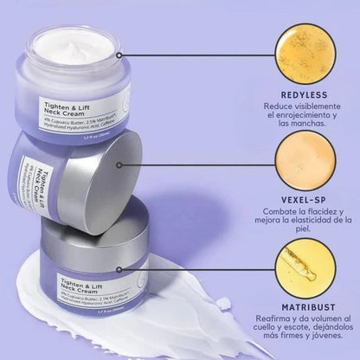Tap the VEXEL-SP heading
coord(297,197)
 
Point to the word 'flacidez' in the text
coord(313,212)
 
